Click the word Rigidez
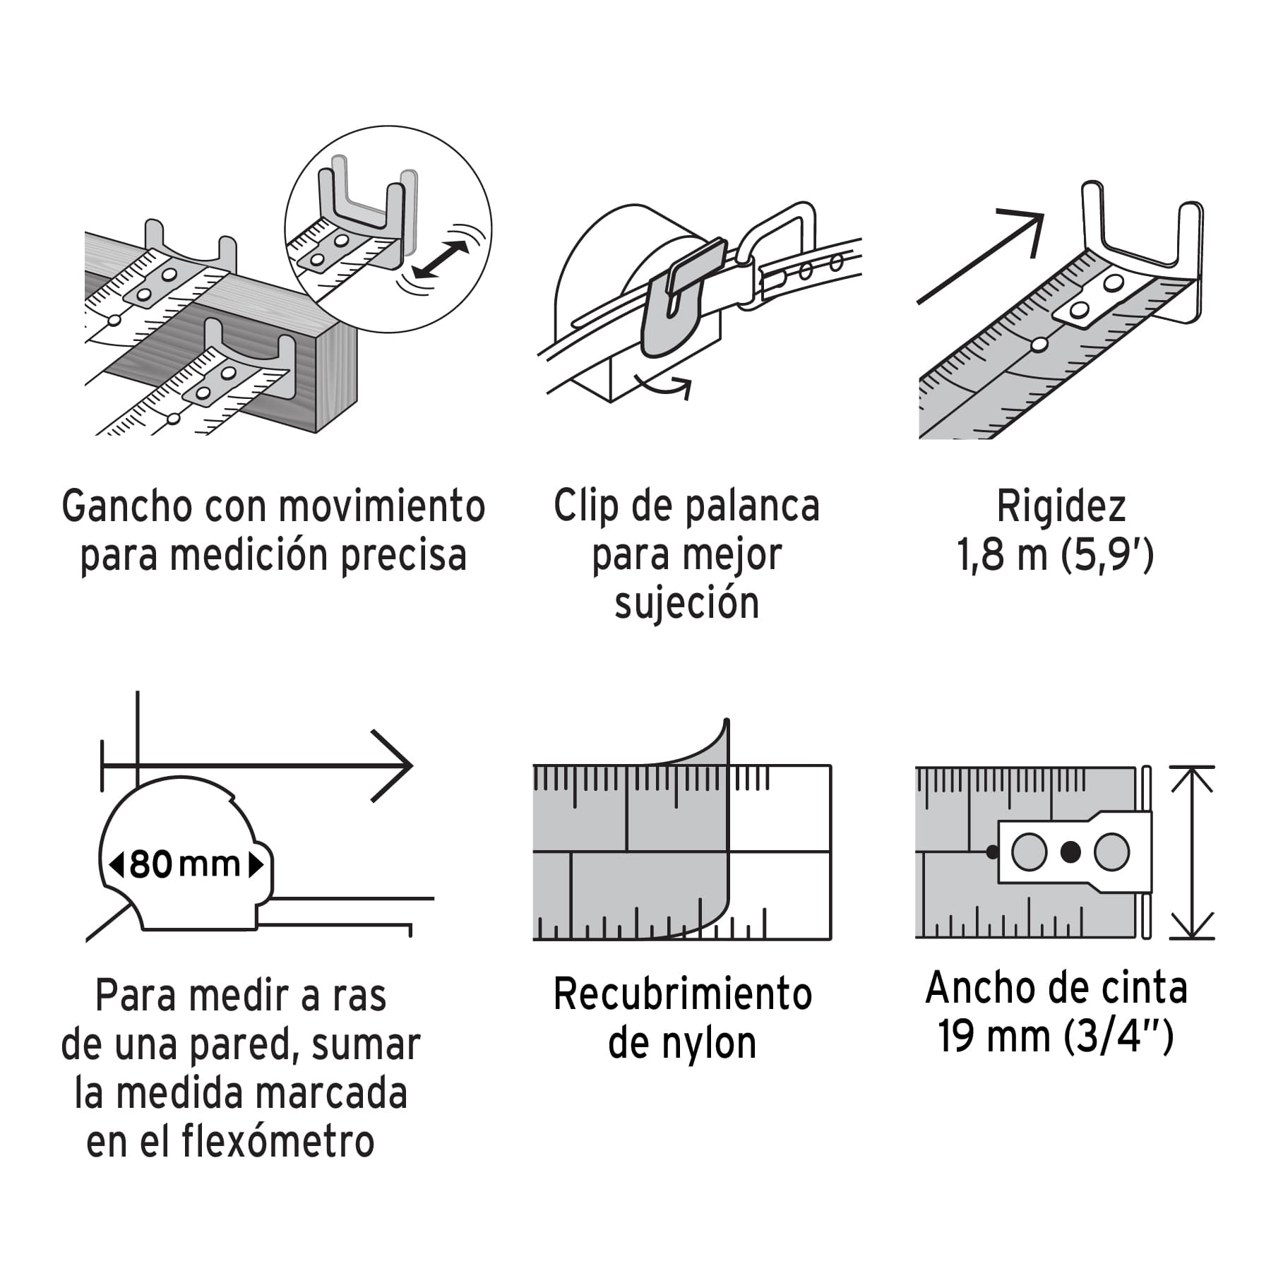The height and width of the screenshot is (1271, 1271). point(1061,507)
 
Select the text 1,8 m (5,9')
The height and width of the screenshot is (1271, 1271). point(1055,555)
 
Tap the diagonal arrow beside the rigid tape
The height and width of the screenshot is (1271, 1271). point(981,256)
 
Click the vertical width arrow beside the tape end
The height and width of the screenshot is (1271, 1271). point(1192,852)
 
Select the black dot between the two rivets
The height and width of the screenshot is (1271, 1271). point(1070,852)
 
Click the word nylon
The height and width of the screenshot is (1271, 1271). point(709,1043)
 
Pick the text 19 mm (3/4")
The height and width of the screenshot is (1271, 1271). point(1055,1036)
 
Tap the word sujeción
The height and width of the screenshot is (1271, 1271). point(686,604)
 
